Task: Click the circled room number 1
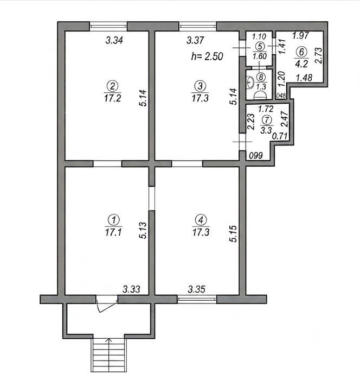pos(113,220)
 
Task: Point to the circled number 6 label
pos(301,52)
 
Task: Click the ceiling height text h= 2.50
pos(207,56)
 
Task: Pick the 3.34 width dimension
pos(114,40)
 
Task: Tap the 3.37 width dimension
pos(195,40)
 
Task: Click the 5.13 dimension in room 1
pos(143,231)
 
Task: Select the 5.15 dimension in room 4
pos(234,234)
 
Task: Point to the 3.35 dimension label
pos(197,289)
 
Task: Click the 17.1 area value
pos(113,232)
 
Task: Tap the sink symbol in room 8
pos(250,82)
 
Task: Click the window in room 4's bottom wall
pos(197,299)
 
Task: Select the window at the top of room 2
pos(108,27)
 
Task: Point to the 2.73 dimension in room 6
pos(319,55)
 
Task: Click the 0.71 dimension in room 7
pos(280,136)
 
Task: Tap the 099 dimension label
pos(256,155)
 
